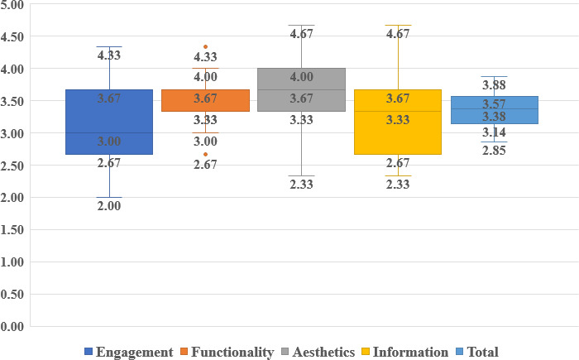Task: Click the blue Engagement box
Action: [109, 122]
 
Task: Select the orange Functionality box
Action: [205, 100]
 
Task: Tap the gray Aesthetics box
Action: [301, 89]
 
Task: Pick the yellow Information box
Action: [398, 122]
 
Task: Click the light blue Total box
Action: [495, 110]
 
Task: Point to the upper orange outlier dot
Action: [205, 47]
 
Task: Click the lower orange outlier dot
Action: [205, 154]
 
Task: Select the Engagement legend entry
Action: [129, 352]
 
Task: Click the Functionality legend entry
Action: [227, 352]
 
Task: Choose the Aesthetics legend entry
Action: [318, 352]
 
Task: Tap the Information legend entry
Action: [405, 352]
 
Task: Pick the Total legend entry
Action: [477, 352]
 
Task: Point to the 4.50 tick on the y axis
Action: [12, 36]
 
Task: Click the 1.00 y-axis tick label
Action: [12, 262]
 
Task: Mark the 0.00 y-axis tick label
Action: [12, 326]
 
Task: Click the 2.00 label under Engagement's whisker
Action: [109, 206]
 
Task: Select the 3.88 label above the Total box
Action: [494, 85]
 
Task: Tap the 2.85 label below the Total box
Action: [494, 151]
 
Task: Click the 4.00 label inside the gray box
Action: [301, 77]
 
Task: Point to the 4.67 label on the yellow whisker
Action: [398, 34]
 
